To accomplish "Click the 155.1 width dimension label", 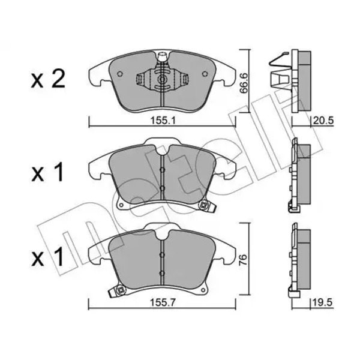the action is (163, 121).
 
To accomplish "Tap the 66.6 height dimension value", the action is (244, 83).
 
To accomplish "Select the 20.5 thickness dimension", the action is (323, 121).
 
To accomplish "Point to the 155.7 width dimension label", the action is (163, 303).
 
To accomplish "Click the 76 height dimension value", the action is (244, 260).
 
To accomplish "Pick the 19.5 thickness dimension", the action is (323, 302).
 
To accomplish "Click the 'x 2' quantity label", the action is (48, 80).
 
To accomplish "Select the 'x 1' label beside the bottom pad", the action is (47, 257).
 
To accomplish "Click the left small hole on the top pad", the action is (119, 74).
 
